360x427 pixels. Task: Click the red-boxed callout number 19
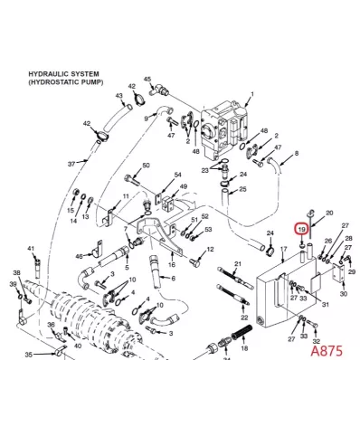pyautogui.click(x=302, y=230)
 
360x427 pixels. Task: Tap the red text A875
pyautogui.click(x=327, y=351)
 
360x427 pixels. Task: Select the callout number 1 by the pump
pyautogui.click(x=252, y=94)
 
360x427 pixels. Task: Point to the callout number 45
pyautogui.click(x=147, y=80)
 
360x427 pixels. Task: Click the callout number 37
pyautogui.click(x=71, y=164)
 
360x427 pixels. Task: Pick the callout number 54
pyautogui.click(x=177, y=175)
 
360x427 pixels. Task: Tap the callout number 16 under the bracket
pyautogui.click(x=172, y=265)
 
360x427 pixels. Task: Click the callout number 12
pyautogui.click(x=210, y=250)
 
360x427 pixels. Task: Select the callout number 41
pyautogui.click(x=31, y=249)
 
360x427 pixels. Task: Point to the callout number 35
pyautogui.click(x=28, y=355)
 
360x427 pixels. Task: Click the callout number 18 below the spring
pyautogui.click(x=244, y=348)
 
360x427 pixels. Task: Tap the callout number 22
pyautogui.click(x=244, y=318)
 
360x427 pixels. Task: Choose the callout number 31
pyautogui.click(x=326, y=305)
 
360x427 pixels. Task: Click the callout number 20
pyautogui.click(x=329, y=213)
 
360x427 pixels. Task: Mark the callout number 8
pyautogui.click(x=297, y=154)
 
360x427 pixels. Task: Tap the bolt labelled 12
pyautogui.click(x=194, y=261)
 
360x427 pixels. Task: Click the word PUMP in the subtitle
pyautogui.click(x=91, y=82)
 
